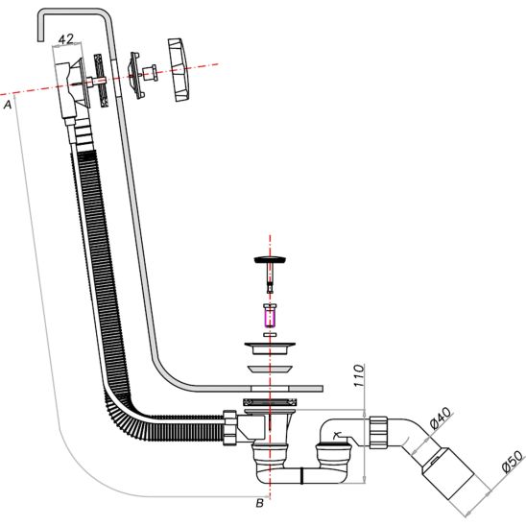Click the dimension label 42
coord(65,39)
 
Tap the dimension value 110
coord(359,375)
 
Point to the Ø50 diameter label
coord(513,462)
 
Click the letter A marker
coord(8,105)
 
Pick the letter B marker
coord(260,503)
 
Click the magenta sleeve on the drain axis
coord(270,318)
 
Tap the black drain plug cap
coord(270,260)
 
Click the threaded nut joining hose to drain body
coord(230,427)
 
